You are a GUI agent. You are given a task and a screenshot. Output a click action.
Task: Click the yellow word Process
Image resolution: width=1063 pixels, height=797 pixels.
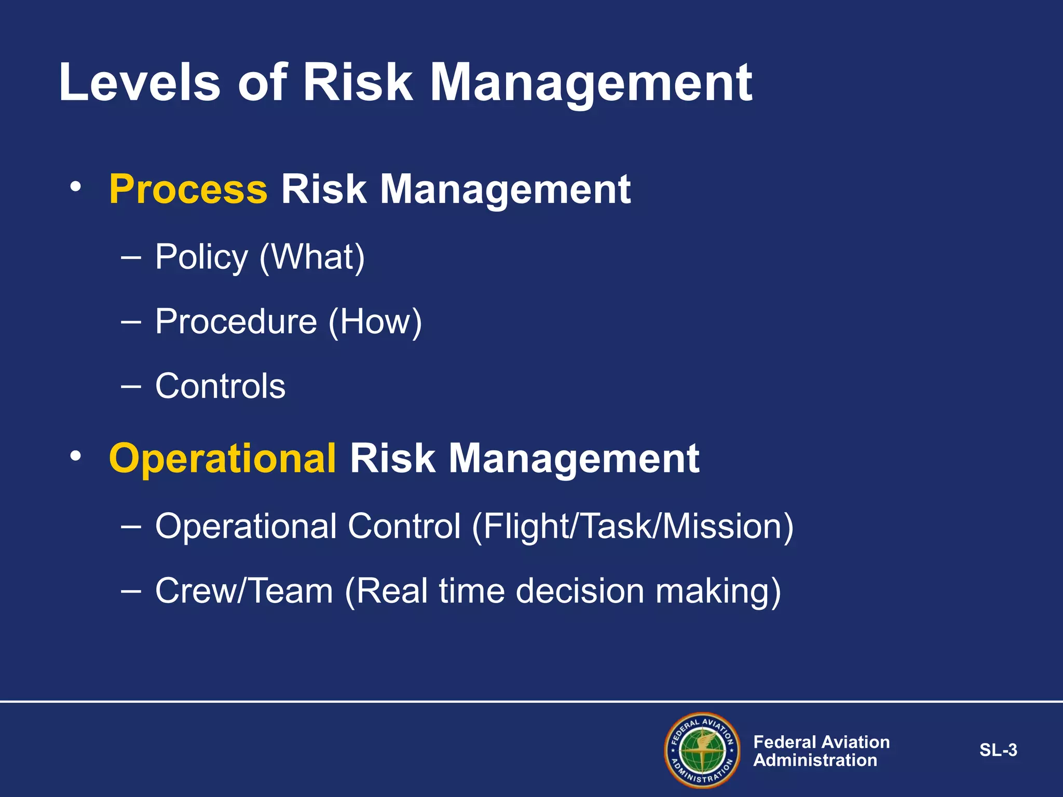click(x=188, y=189)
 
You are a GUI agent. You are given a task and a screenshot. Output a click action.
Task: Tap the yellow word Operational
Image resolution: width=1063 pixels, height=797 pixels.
click(x=223, y=459)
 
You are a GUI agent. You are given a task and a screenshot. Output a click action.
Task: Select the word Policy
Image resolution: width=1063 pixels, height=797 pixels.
click(x=201, y=257)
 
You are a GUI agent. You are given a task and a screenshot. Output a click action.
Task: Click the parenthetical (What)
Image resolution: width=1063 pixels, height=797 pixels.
click(x=312, y=257)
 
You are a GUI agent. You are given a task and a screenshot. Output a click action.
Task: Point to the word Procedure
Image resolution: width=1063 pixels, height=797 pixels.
click(x=236, y=322)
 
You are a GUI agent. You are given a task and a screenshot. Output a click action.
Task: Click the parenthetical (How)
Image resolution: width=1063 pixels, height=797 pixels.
click(x=375, y=322)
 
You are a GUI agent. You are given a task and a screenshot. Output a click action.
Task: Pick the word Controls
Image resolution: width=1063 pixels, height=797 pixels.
click(x=220, y=386)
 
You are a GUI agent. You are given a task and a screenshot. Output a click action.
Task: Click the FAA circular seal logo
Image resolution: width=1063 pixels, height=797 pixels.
click(x=702, y=750)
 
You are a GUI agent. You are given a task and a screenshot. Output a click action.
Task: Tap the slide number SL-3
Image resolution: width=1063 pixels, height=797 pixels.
click(x=998, y=750)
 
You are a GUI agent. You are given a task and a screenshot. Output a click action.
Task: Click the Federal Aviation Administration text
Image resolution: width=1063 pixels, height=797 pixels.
click(x=821, y=751)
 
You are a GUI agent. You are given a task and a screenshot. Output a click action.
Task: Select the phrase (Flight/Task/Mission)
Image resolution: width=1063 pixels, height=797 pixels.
click(x=632, y=527)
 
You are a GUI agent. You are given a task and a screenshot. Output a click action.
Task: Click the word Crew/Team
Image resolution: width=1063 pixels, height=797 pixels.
click(x=244, y=591)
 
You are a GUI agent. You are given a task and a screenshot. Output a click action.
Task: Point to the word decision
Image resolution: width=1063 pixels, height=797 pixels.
click(x=580, y=591)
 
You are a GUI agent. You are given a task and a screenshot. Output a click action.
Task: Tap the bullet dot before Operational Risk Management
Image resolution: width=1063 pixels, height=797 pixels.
click(x=76, y=456)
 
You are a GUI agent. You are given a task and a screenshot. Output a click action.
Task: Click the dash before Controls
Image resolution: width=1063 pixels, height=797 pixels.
click(x=130, y=386)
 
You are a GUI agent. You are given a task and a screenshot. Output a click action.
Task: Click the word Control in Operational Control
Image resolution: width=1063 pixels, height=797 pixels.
click(x=404, y=527)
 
